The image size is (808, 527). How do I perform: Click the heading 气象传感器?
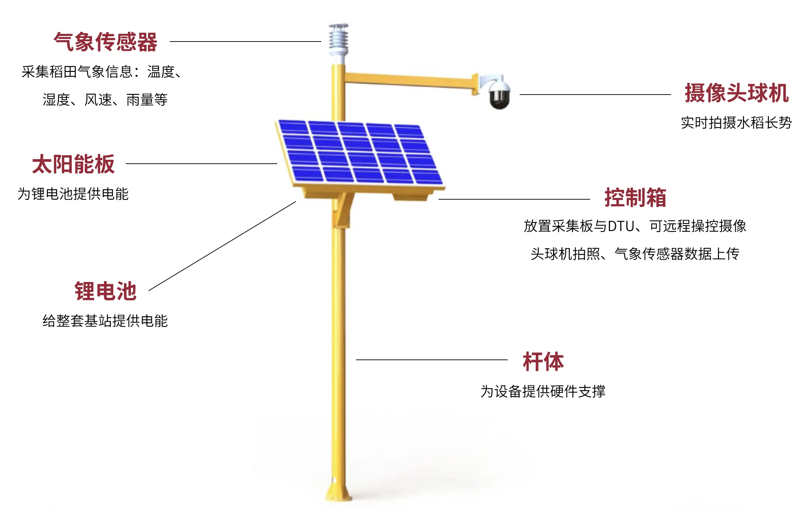pyautogui.click(x=105, y=42)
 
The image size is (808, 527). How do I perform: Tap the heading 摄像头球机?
pyautogui.click(x=736, y=93)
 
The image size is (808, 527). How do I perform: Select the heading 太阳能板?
pyautogui.click(x=73, y=164)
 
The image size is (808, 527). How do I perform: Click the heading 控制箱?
pyautogui.click(x=635, y=198)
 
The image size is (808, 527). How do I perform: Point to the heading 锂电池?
pyautogui.click(x=105, y=291)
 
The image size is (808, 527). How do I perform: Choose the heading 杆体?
pyautogui.click(x=543, y=362)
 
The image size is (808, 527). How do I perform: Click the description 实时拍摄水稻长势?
pyautogui.click(x=736, y=123)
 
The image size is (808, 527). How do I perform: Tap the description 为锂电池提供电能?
pyautogui.click(x=73, y=194)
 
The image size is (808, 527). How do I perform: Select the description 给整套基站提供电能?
pyautogui.click(x=105, y=321)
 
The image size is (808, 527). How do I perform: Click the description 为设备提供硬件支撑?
pyautogui.click(x=543, y=392)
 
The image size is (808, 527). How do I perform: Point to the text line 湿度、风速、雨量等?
pyautogui.click(x=105, y=100)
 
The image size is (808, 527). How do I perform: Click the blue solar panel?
pyautogui.click(x=360, y=153)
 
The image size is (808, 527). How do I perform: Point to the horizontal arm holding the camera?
pyautogui.click(x=409, y=80)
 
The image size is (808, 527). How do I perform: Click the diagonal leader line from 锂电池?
pyautogui.click(x=222, y=246)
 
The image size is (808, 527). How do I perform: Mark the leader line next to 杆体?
pyautogui.click(x=432, y=359)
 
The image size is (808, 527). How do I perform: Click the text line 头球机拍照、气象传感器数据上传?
pyautogui.click(x=635, y=254)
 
